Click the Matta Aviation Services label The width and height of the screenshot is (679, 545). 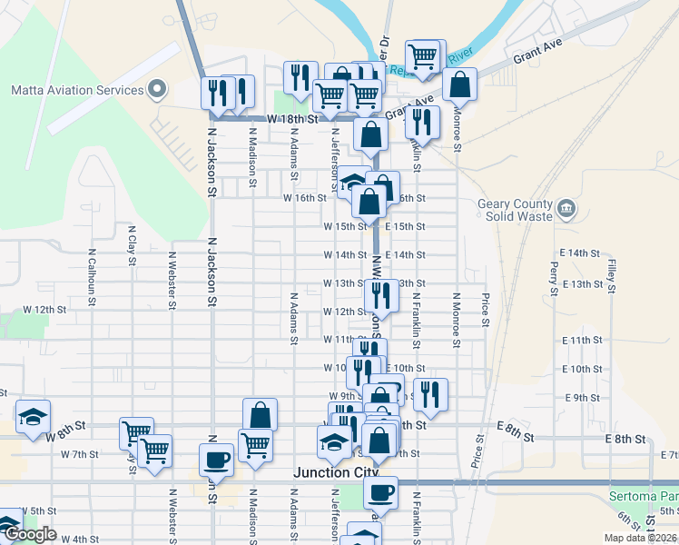[x=77, y=90]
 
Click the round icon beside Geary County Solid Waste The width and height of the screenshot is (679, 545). [x=566, y=210]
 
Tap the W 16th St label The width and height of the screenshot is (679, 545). [x=304, y=197]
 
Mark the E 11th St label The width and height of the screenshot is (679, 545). [x=583, y=340]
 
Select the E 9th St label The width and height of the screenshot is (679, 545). [x=583, y=398]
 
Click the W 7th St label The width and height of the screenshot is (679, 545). [x=79, y=453]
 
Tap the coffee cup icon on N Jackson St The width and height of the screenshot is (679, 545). [x=216, y=459]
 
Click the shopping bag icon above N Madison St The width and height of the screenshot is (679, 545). [x=260, y=414]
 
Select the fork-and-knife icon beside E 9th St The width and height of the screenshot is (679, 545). [x=430, y=394]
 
